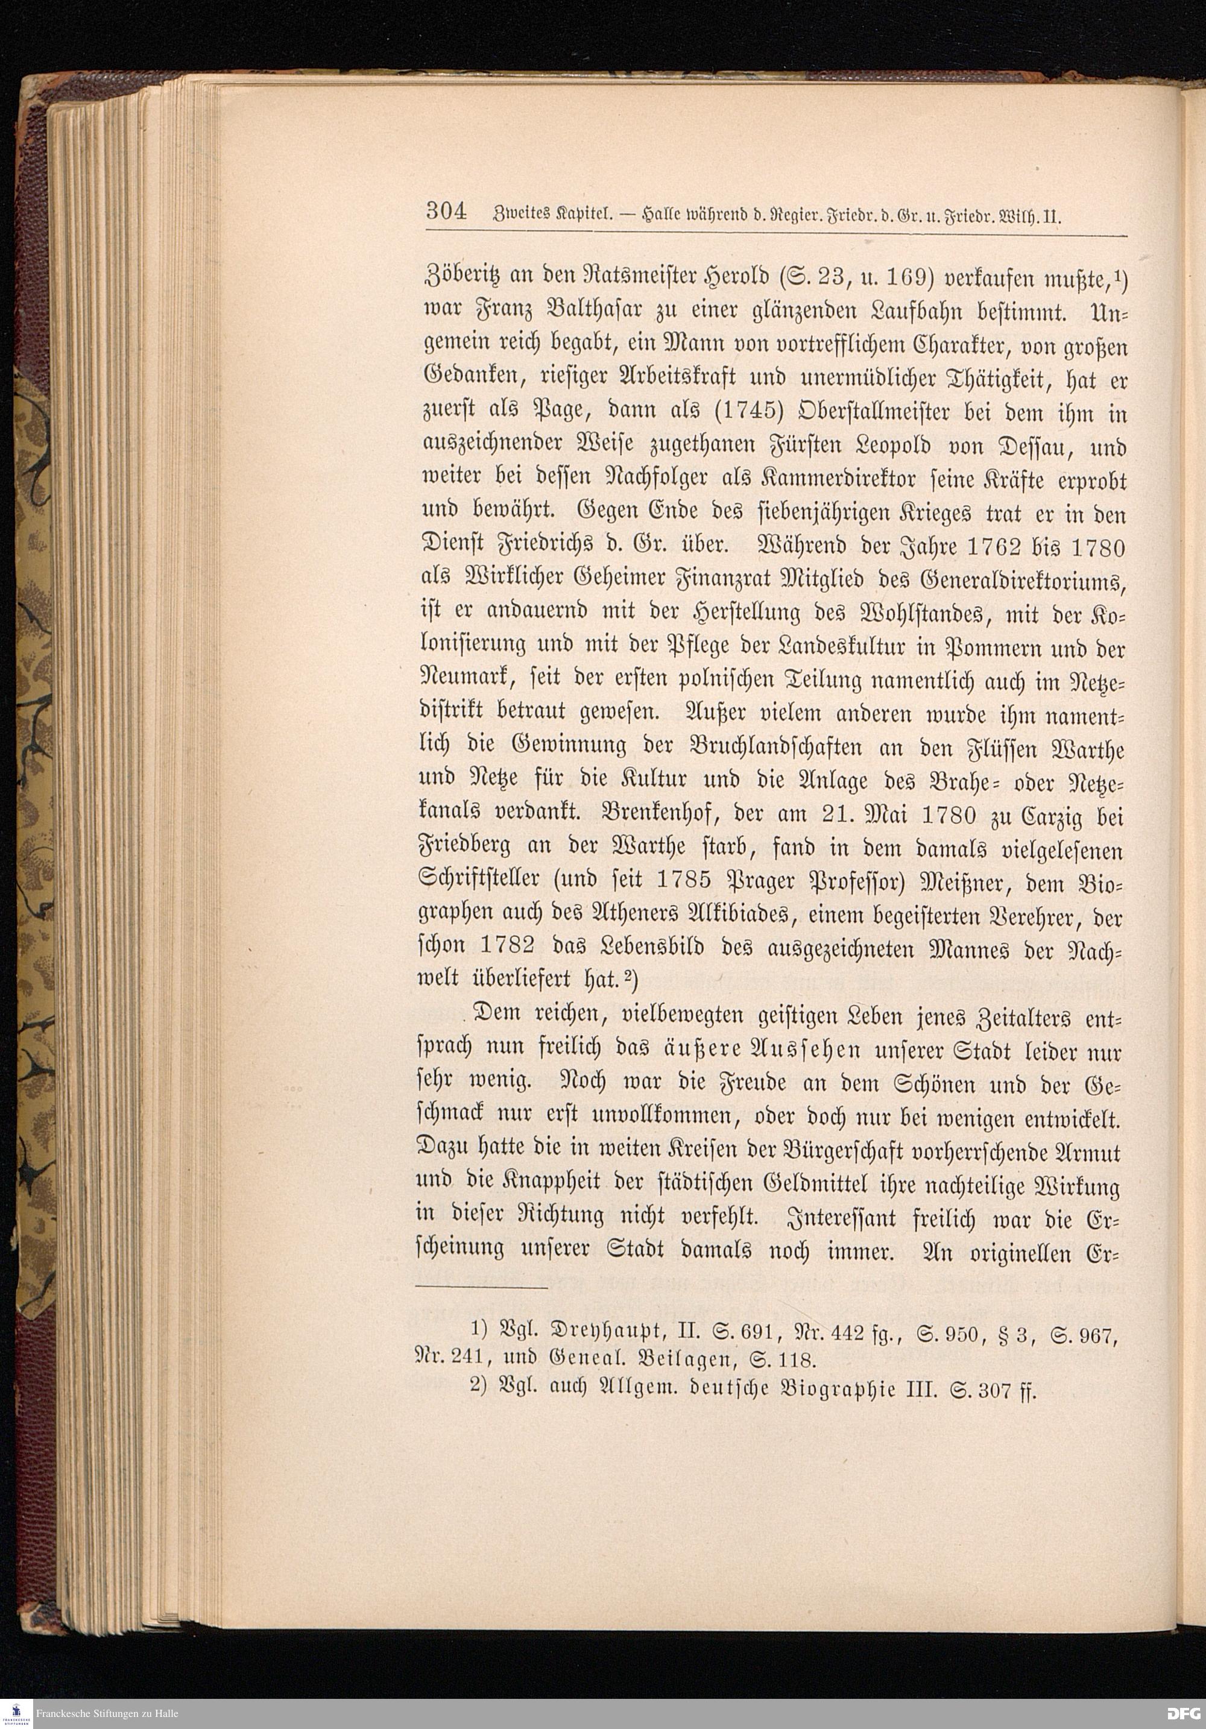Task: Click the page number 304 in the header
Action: pyautogui.click(x=446, y=211)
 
